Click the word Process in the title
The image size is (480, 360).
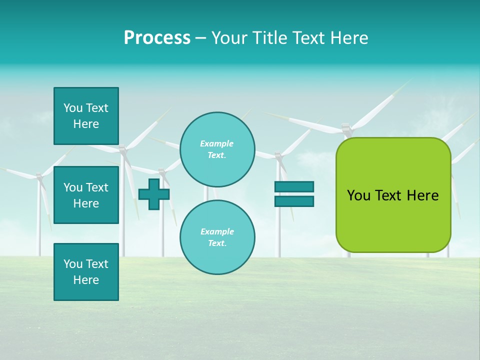[157, 38]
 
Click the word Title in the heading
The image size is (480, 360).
[269, 38]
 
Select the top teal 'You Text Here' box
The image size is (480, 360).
[86, 116]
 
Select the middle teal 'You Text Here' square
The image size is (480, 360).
[86, 195]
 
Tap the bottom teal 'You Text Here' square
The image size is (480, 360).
[86, 272]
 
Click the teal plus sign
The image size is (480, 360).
[154, 194]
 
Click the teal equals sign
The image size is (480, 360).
[294, 194]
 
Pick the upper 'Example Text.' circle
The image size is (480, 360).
[217, 149]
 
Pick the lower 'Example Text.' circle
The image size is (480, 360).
[217, 237]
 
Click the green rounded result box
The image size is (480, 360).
[393, 195]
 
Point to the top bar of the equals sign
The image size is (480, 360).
[294, 187]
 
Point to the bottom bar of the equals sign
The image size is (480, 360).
[294, 201]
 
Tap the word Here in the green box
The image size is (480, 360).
[422, 195]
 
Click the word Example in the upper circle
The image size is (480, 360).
[216, 143]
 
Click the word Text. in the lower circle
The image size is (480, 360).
[217, 243]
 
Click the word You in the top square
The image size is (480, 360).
[73, 108]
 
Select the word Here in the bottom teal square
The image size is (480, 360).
[86, 280]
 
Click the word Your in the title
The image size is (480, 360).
[230, 38]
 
